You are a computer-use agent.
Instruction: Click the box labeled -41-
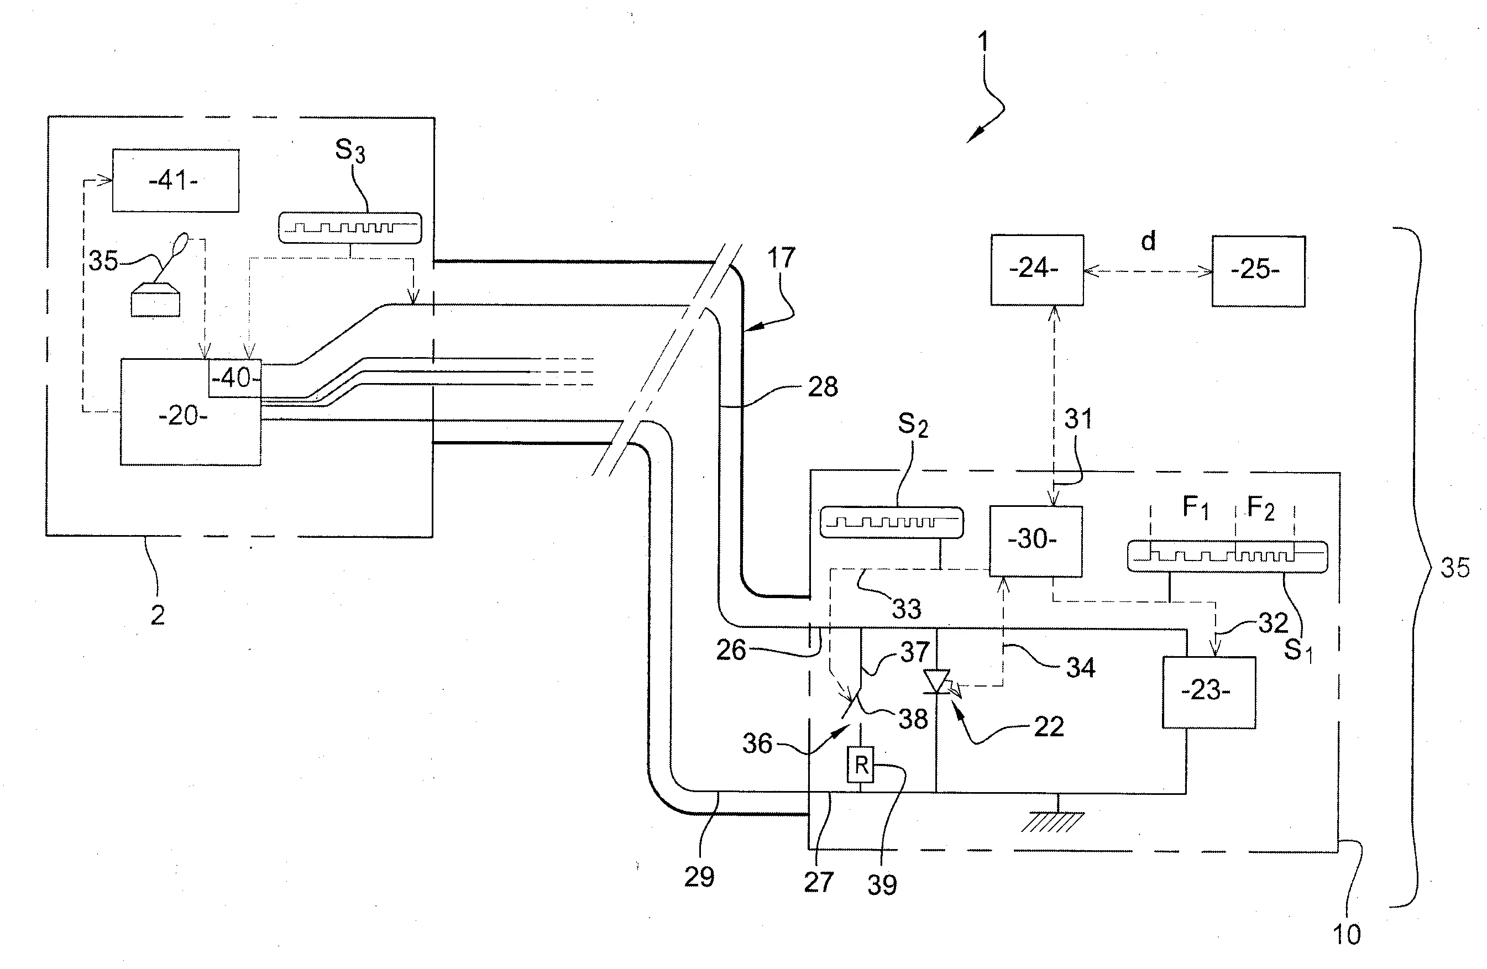(x=175, y=181)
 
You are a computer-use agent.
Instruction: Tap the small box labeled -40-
(x=235, y=378)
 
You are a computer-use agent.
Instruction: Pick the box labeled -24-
(x=1036, y=270)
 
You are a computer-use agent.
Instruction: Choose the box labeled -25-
(x=1258, y=271)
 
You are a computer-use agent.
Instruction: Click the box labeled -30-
(x=1035, y=541)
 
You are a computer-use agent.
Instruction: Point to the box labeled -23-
(x=1208, y=692)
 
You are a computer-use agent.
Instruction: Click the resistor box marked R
(x=860, y=764)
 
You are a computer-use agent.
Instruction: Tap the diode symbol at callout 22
(x=936, y=682)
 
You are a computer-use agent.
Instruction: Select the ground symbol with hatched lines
(x=1051, y=821)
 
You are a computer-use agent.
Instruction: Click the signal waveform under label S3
(x=349, y=228)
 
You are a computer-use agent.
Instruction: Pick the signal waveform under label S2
(x=891, y=522)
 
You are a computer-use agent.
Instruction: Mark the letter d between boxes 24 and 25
(x=1148, y=241)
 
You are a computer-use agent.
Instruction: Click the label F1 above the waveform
(x=1195, y=508)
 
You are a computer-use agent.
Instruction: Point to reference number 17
(x=781, y=258)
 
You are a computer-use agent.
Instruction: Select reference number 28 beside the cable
(x=822, y=387)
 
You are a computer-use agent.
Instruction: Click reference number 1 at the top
(x=983, y=42)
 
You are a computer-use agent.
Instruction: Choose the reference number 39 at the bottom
(x=882, y=884)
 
